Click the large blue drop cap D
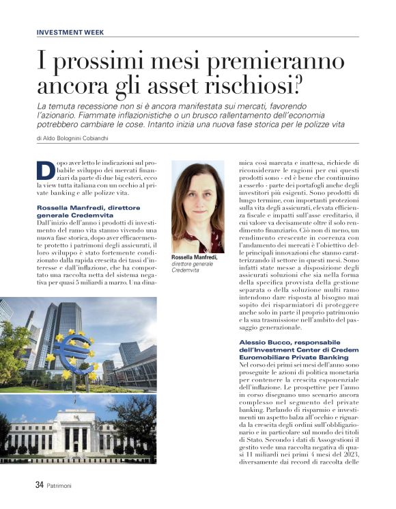click(x=44, y=171)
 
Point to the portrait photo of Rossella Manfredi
click(x=198, y=207)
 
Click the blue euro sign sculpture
click(x=72, y=352)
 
